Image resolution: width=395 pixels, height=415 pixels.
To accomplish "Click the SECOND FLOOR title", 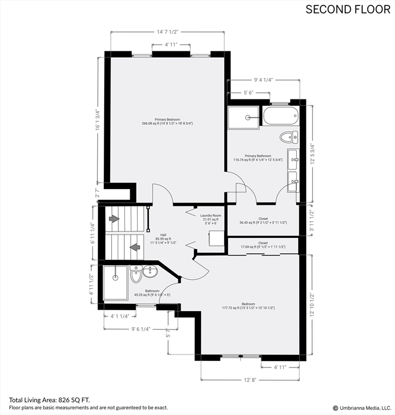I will (347, 9).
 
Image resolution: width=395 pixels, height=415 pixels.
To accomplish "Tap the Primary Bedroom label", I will (167, 122).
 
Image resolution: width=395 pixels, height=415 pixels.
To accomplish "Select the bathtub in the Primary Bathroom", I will (280, 116).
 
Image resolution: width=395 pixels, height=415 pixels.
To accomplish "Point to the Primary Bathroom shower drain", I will (248, 117).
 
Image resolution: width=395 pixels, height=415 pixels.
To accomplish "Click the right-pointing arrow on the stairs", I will (114, 219).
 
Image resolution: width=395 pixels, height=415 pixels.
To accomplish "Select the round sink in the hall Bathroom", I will (150, 272).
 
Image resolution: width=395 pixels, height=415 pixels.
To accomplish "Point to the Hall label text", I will (163, 238).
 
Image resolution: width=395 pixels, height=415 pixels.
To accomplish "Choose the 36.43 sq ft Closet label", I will (263, 221).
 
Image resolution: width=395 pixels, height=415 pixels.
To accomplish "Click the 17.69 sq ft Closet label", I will (263, 245).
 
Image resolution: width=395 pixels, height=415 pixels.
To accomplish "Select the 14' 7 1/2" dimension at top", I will (168, 32).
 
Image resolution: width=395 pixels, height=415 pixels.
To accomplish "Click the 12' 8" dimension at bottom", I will (250, 380).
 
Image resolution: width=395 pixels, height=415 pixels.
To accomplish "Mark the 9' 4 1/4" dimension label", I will (263, 80).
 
